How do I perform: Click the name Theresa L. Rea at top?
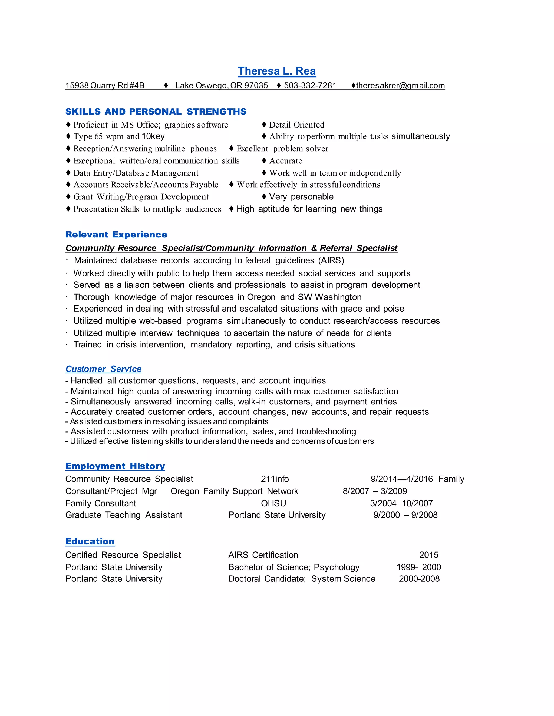tap(277, 71)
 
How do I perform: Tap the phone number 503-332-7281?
tap(310, 86)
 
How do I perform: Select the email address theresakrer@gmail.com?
tap(400, 86)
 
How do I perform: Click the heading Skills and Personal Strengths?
tap(156, 112)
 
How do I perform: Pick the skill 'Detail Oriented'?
tap(297, 125)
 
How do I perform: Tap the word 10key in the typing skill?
tap(153, 136)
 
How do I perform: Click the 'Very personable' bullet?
tap(301, 197)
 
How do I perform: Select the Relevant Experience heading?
tap(116, 235)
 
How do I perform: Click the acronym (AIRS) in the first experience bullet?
tap(331, 261)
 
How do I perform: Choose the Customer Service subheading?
tap(103, 369)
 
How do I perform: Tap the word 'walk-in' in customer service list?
tap(252, 402)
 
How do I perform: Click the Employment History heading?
tap(115, 466)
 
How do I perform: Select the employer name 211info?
tap(275, 479)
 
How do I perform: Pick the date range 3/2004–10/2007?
tap(401, 504)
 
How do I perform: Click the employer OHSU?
tap(273, 504)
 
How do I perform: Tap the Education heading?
tap(90, 541)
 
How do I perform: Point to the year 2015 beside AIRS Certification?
tap(429, 555)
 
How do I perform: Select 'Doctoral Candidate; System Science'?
tap(302, 579)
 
